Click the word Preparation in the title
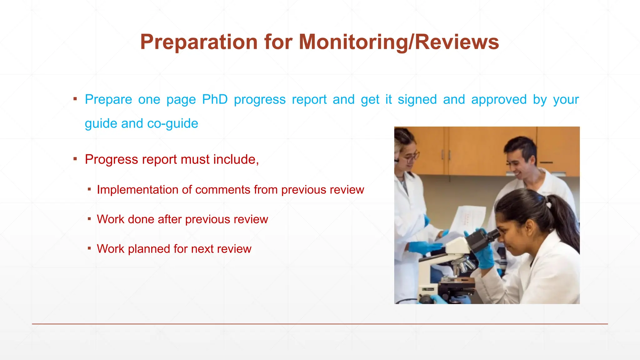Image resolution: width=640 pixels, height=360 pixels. click(198, 42)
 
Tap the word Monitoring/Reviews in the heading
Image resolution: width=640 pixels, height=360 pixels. click(399, 42)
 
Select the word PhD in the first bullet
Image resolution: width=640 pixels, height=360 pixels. click(215, 100)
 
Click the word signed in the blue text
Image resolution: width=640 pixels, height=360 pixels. click(417, 100)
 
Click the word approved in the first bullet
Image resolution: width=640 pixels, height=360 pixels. click(499, 100)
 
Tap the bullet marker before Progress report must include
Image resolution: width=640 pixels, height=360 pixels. click(75, 159)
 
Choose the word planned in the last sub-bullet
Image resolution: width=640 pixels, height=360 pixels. click(149, 249)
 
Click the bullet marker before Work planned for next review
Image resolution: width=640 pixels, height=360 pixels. click(89, 248)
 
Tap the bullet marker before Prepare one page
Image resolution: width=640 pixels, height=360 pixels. click(75, 99)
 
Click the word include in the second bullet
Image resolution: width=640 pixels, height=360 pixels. click(236, 160)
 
